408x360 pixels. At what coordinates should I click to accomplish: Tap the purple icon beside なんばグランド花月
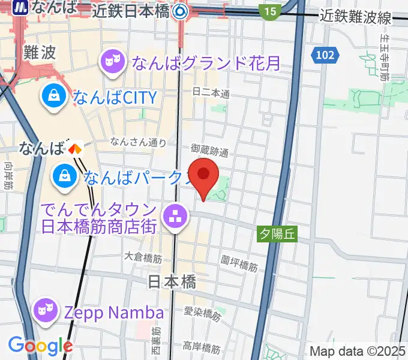click(112, 61)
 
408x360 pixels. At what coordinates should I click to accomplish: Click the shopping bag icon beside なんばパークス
click(64, 176)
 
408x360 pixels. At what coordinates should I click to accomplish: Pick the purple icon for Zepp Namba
click(43, 311)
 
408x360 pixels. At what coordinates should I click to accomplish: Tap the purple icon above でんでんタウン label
click(175, 217)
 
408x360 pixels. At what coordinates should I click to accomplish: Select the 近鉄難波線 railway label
click(356, 17)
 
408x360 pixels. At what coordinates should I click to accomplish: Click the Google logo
click(40, 346)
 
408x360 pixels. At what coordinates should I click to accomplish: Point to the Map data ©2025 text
click(358, 351)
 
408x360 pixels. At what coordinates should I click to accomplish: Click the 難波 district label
click(40, 52)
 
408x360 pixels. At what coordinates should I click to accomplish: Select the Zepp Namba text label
click(113, 313)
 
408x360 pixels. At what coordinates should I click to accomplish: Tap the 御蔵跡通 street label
click(210, 149)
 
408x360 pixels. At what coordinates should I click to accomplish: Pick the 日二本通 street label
click(211, 93)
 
